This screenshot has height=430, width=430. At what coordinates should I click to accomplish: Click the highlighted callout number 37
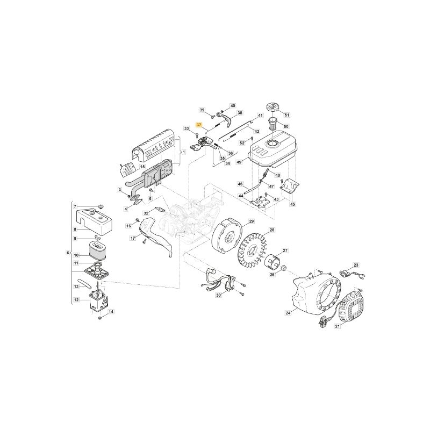199,125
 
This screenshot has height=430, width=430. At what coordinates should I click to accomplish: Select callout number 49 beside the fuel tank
239,162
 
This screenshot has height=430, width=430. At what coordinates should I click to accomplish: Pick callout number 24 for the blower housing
288,313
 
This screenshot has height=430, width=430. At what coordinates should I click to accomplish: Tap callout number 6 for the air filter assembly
68,253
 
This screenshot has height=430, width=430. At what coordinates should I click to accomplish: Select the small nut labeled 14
100,318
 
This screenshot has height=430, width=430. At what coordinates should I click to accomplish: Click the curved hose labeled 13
85,284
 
